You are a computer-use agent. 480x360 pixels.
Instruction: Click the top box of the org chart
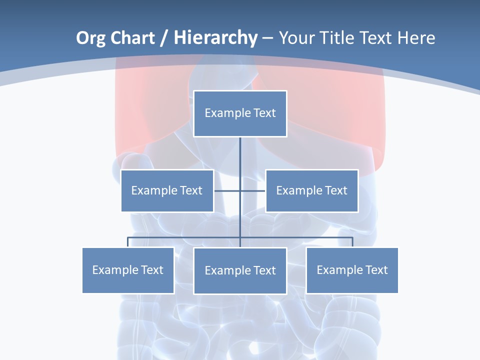[240, 113]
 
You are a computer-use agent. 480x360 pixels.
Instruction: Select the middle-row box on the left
[167, 190]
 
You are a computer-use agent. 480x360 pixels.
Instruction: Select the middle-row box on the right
[311, 190]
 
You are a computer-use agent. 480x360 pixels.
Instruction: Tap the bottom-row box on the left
[128, 270]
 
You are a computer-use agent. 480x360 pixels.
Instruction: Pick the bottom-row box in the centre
[240, 270]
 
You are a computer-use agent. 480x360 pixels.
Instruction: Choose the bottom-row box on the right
[352, 270]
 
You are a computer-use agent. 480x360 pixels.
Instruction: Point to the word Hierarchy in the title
[215, 38]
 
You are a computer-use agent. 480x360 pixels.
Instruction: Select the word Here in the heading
[416, 38]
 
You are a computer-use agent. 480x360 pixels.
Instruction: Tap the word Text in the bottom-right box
[376, 270]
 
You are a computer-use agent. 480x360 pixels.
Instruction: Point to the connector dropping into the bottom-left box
[128, 242]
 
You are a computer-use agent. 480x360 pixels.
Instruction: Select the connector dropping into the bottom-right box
[352, 242]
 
